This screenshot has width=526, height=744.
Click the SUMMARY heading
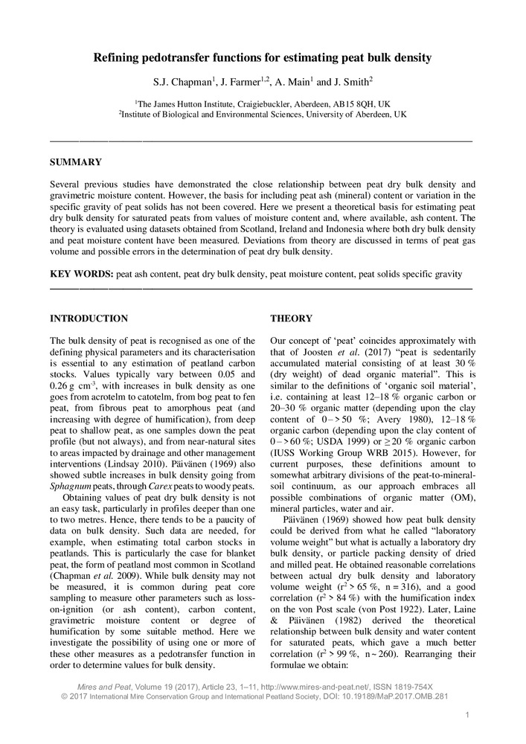(75, 162)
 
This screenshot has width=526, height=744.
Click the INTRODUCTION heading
(89, 318)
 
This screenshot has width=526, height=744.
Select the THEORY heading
(291, 318)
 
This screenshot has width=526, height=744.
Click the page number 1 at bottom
(466, 715)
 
